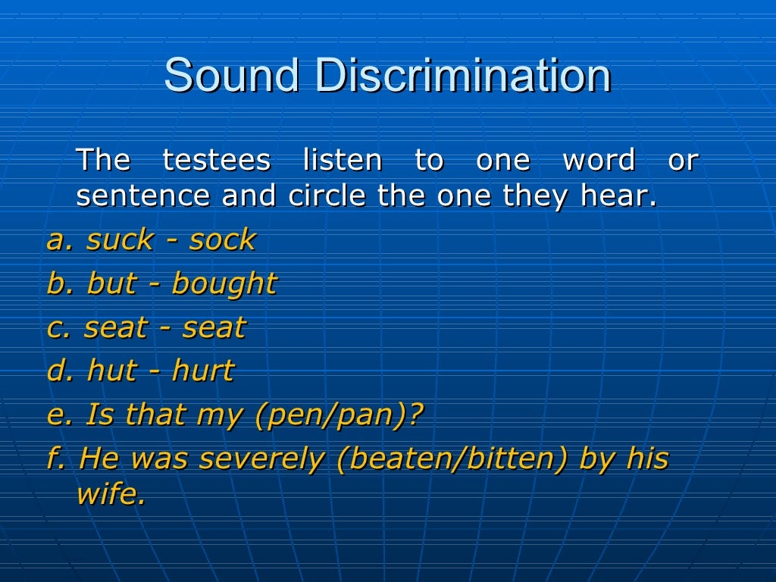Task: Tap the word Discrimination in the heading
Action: pyautogui.click(x=463, y=76)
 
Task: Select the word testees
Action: pyautogui.click(x=217, y=161)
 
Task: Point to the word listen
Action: pyautogui.click(x=343, y=161)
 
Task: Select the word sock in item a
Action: pyautogui.click(x=223, y=240)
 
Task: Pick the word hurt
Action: pyautogui.click(x=203, y=371)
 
